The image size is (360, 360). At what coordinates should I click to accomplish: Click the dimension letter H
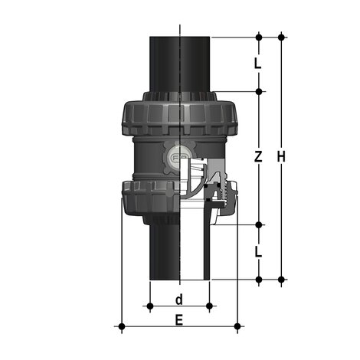pyautogui.click(x=282, y=157)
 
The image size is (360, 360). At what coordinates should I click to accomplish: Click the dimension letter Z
pyautogui.click(x=258, y=157)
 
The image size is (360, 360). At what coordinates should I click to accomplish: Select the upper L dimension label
pyautogui.click(x=258, y=64)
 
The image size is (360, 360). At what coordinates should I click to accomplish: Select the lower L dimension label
pyautogui.click(x=258, y=251)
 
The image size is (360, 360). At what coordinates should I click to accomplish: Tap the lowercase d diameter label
pyautogui.click(x=179, y=298)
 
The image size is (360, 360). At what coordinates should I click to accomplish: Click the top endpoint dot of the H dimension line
pyautogui.click(x=282, y=37)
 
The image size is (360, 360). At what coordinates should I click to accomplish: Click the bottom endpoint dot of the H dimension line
pyautogui.click(x=282, y=279)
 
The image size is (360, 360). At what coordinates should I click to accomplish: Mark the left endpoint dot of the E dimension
pyautogui.click(x=121, y=327)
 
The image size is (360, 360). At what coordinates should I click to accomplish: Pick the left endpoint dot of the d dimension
pyautogui.click(x=150, y=306)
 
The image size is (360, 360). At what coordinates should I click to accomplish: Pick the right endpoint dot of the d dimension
pyautogui.click(x=209, y=306)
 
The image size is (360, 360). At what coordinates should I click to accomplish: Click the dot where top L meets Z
pyautogui.click(x=258, y=91)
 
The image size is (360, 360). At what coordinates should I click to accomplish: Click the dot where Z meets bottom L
pyautogui.click(x=258, y=224)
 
